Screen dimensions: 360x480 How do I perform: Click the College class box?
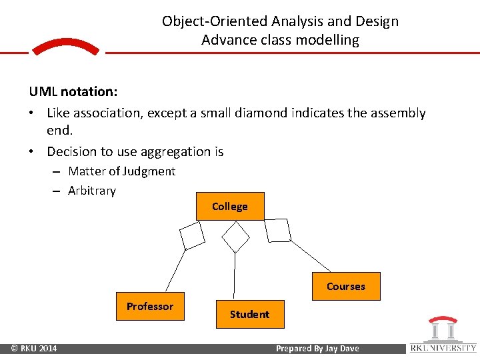230,206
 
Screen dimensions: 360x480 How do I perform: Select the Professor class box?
150,306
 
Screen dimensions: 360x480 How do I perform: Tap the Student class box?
250,314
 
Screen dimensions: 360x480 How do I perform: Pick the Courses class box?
345,286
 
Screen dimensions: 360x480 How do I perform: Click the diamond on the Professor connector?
193,235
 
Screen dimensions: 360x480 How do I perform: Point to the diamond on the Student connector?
235,237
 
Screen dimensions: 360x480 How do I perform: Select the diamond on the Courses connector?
277,230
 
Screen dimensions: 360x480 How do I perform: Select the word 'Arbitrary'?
92,191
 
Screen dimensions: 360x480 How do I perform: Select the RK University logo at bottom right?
443,335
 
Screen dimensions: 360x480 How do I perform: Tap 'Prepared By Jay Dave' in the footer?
317,349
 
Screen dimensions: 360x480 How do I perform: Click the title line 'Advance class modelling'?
280,40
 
